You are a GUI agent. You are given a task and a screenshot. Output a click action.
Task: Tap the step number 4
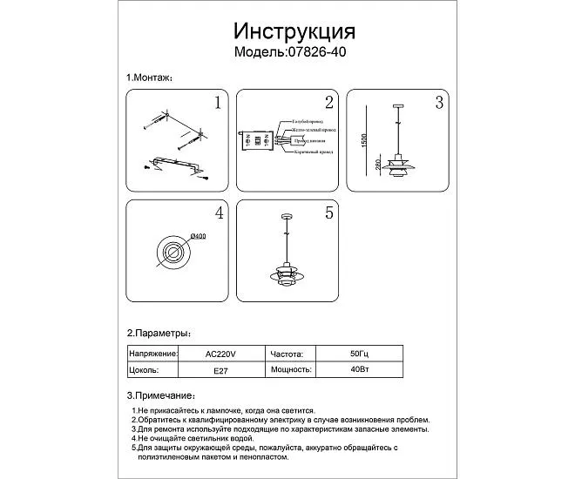[x=219, y=213]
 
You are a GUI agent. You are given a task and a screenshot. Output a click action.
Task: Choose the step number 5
[x=328, y=213]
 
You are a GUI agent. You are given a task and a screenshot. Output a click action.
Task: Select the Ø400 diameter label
[x=197, y=235]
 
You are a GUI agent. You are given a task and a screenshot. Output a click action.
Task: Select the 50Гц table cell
[x=353, y=354]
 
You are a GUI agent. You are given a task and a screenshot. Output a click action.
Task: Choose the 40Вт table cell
[x=353, y=369]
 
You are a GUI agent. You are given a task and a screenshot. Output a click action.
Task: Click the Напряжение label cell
[x=153, y=354]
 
